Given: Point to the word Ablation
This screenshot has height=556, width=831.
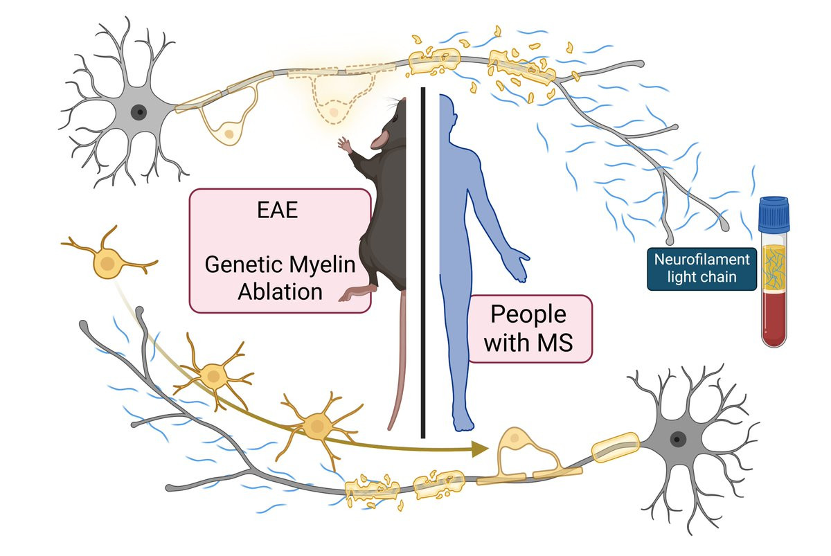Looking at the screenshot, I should tap(280, 291).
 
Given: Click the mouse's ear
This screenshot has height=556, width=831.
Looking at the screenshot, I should tap(379, 141).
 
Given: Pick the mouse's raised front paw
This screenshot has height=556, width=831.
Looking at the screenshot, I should tap(344, 144).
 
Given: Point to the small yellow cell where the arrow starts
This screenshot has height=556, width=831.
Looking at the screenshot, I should tap(107, 263).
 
